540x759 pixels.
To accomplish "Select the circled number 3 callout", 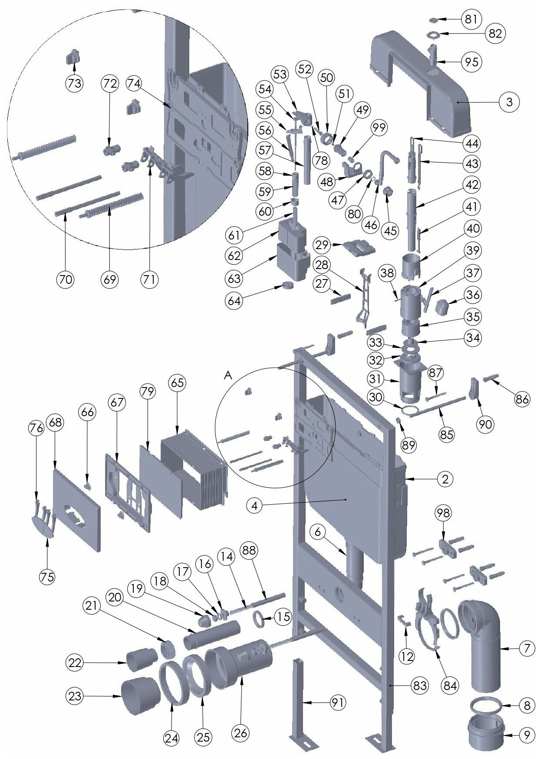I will (509, 102).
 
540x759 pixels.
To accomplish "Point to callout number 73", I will (75, 83).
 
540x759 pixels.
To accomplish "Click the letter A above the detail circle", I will (228, 376).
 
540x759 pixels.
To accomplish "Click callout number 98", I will (443, 513).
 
